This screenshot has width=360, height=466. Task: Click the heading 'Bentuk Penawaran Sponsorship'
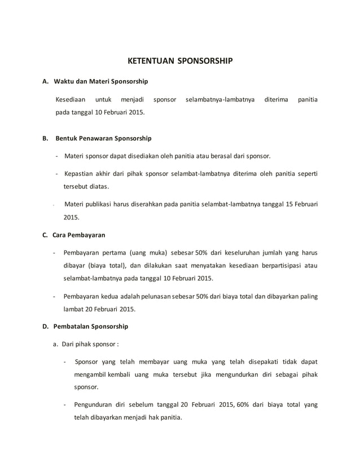click(x=104, y=138)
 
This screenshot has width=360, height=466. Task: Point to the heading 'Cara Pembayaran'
click(x=78, y=234)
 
